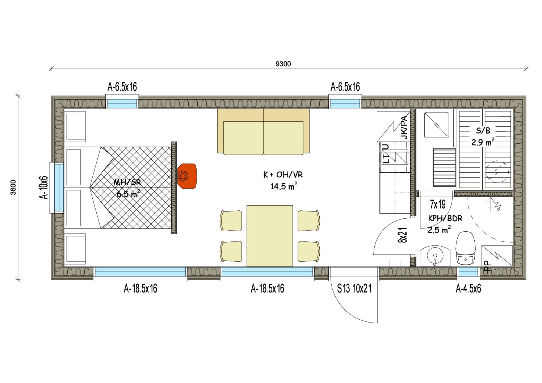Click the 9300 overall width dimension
[283, 64]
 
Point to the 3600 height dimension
[13, 187]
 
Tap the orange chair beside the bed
[187, 176]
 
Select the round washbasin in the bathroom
[435, 256]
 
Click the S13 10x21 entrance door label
[354, 289]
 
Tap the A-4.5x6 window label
[468, 289]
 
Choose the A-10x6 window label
[43, 188]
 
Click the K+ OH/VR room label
[283, 174]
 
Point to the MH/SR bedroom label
[127, 182]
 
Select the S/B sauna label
[483, 131]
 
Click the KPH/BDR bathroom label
[445, 218]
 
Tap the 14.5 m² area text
[283, 186]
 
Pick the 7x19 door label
[438, 205]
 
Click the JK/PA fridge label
[404, 127]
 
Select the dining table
[269, 236]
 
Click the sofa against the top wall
[263, 132]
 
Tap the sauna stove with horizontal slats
[444, 167]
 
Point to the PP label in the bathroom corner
[488, 266]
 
